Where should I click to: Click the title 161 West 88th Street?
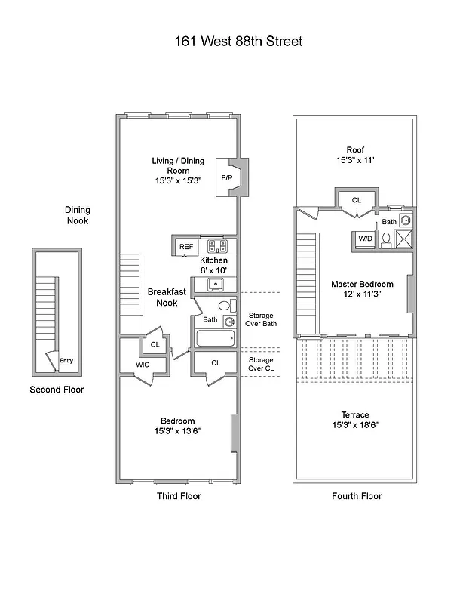click(x=238, y=41)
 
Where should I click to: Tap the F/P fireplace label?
click(x=226, y=178)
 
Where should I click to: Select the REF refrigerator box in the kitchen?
click(x=185, y=246)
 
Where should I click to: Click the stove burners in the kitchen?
click(x=217, y=245)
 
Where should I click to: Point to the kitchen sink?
click(x=215, y=285)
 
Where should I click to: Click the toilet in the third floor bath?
click(x=223, y=307)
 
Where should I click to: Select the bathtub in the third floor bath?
click(x=216, y=338)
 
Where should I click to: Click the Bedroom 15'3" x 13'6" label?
click(x=178, y=426)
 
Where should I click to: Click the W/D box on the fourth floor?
click(x=365, y=239)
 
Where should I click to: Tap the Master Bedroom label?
click(x=356, y=289)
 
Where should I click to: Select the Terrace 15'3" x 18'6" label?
click(x=354, y=420)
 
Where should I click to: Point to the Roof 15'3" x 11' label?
click(x=355, y=155)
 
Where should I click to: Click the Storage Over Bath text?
click(x=261, y=319)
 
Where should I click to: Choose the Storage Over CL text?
click(x=261, y=365)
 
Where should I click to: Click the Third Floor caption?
click(x=178, y=496)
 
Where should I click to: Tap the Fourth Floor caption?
click(x=357, y=496)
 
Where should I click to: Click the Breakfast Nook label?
click(x=161, y=297)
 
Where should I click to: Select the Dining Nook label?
click(x=76, y=215)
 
